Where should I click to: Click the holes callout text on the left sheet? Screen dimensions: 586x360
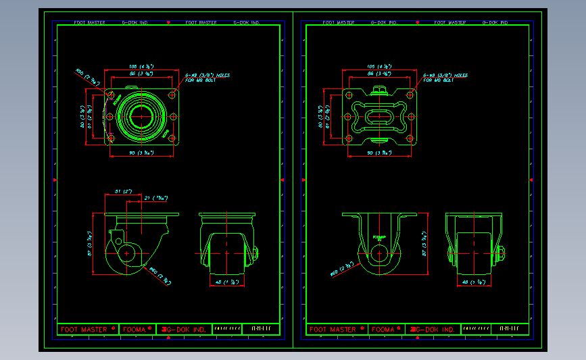(207, 77)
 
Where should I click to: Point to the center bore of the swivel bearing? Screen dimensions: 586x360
(141, 116)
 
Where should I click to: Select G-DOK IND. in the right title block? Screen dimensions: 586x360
(434, 330)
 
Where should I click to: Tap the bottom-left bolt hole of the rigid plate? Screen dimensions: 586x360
(348, 138)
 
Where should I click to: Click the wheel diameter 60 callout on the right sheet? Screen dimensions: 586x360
(339, 269)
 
